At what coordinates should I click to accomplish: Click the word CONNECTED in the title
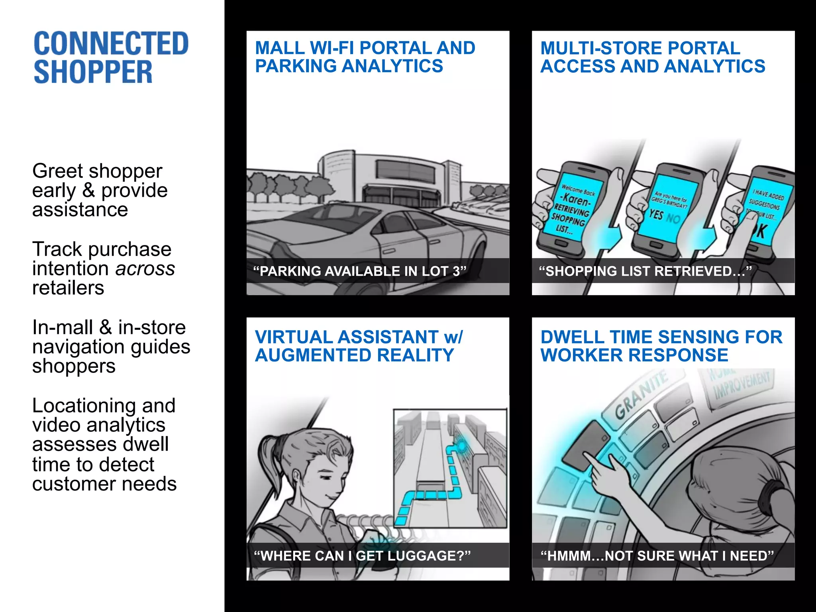point(111,43)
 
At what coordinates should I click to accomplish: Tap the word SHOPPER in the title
point(93,72)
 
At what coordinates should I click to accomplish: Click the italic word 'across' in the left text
point(145,269)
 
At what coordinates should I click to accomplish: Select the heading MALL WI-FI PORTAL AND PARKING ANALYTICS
point(365,57)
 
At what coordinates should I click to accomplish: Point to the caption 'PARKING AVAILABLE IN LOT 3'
point(359,271)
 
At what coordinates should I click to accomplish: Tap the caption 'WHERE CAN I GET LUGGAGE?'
point(362,556)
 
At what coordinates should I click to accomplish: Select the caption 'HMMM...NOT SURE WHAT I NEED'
point(657,556)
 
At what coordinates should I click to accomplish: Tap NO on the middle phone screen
point(673,219)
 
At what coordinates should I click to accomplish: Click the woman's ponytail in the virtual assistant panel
point(266,454)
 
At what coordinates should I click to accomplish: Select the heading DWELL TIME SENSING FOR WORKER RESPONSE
point(661,346)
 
